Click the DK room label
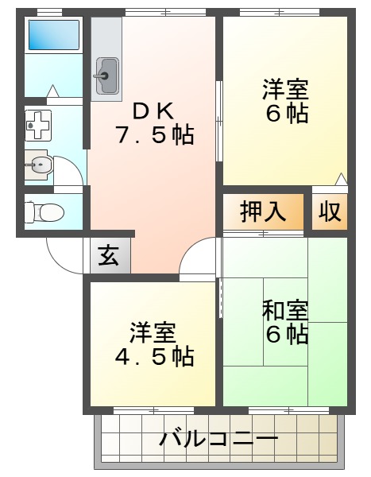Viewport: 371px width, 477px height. [154, 110]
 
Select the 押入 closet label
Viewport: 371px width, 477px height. [263, 211]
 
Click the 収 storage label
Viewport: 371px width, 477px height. [330, 211]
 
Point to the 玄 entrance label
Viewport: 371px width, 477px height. [109, 256]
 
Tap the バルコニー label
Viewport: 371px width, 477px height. [218, 438]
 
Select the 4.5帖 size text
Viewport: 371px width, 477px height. [153, 357]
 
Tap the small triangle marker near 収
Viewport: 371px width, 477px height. [342, 179]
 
